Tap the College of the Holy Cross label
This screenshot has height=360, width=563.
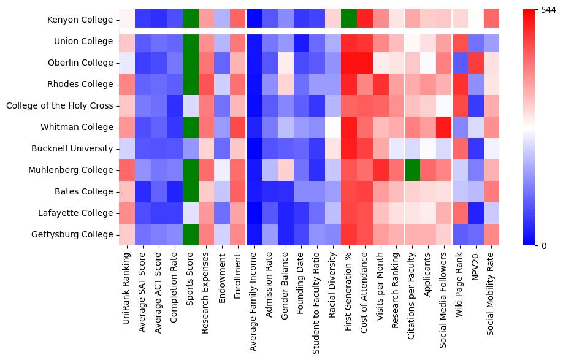[x=59, y=106]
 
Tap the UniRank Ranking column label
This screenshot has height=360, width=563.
[x=127, y=283]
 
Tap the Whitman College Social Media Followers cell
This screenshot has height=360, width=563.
[x=445, y=128]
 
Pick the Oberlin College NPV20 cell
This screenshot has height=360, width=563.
[x=477, y=63]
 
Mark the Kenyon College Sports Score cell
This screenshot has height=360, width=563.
[x=191, y=20]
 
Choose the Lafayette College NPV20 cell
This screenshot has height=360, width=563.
[x=477, y=213]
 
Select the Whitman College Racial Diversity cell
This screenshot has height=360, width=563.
[x=334, y=128]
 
